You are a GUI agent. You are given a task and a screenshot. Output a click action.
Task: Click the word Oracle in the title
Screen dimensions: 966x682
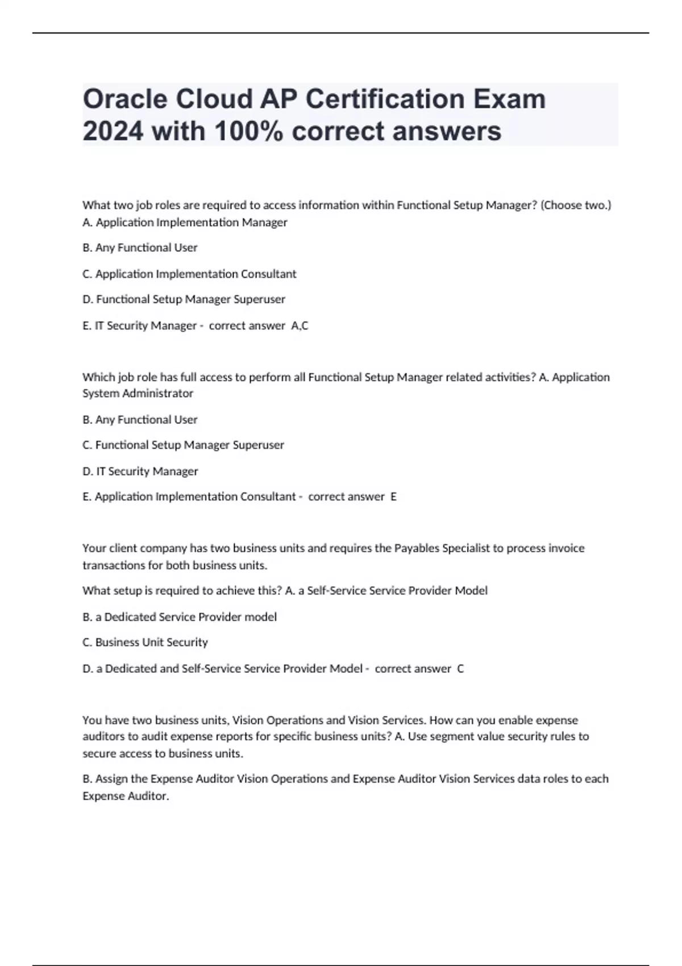click(x=124, y=99)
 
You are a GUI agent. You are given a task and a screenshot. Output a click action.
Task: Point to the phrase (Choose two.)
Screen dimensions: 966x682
click(x=576, y=205)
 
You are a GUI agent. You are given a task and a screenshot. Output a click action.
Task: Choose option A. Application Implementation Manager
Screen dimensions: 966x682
click(x=185, y=222)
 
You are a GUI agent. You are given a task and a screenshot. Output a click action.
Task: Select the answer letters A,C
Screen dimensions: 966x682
click(x=300, y=326)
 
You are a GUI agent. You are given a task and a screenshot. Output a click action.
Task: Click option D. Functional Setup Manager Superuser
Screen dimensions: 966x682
click(x=184, y=299)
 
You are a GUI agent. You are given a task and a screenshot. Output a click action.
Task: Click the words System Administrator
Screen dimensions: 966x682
click(x=138, y=393)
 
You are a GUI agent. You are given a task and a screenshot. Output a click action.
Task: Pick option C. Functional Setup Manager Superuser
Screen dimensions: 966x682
click(x=183, y=445)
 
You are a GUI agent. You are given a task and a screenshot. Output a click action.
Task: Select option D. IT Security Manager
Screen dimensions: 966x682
click(x=140, y=471)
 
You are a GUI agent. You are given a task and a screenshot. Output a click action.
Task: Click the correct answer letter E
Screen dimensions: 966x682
click(x=393, y=497)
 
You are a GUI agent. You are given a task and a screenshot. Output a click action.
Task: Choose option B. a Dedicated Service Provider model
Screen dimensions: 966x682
click(x=180, y=617)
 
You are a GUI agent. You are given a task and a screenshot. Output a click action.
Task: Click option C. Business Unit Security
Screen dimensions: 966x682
click(x=145, y=642)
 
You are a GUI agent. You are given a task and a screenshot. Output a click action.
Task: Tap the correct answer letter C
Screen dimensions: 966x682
click(x=460, y=669)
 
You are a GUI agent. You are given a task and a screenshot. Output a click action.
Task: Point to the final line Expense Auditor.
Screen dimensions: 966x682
click(x=126, y=796)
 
